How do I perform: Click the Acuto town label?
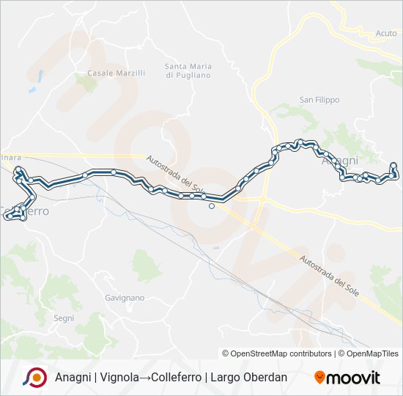pyautogui.click(x=385, y=34)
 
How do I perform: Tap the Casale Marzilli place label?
pyautogui.click(x=117, y=73)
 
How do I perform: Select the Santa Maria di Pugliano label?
pyautogui.click(x=188, y=70)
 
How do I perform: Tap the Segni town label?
pyautogui.click(x=64, y=318)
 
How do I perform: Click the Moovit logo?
pyautogui.click(x=347, y=378)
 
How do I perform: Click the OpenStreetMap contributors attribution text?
pyautogui.click(x=277, y=353)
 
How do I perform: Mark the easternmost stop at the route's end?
pyautogui.click(x=393, y=166)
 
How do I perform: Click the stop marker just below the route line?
pyautogui.click(x=212, y=206)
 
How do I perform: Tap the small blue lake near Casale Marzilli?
pyautogui.click(x=32, y=90)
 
